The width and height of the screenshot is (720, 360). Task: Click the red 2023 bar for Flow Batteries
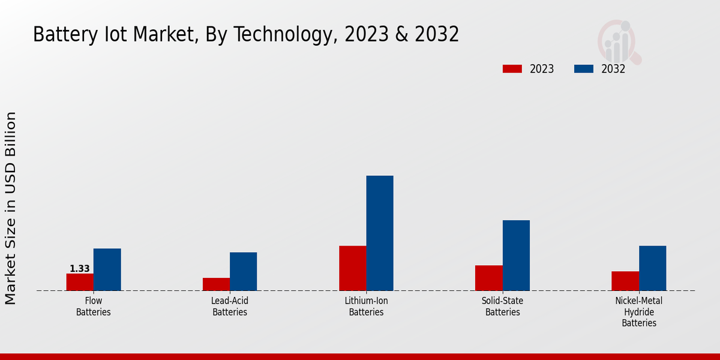[x=80, y=282]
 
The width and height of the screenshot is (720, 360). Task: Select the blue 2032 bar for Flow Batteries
[x=107, y=269]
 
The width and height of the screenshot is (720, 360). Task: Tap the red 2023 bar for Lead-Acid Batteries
[x=216, y=284]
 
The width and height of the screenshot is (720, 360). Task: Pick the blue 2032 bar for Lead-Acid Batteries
[x=243, y=271]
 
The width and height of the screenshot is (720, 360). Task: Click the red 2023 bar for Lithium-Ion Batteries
[x=353, y=268]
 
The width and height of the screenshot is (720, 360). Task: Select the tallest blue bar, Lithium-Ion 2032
[x=380, y=233]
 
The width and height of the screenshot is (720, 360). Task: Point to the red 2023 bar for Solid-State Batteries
[x=489, y=278]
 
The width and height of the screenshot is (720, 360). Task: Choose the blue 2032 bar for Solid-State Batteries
[x=516, y=256]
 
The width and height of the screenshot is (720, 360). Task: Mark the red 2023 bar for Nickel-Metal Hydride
[x=625, y=281]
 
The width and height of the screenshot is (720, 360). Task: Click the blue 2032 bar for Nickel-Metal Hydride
[x=652, y=268]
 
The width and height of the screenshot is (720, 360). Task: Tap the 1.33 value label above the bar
[x=80, y=269]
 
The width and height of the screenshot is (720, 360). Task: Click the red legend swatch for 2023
[x=512, y=69]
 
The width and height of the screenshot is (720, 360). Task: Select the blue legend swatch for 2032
[x=583, y=69]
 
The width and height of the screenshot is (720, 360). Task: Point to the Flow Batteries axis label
[x=94, y=307]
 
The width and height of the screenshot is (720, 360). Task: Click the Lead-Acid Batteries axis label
[x=230, y=307]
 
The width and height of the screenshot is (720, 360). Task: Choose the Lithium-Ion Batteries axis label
[x=366, y=307]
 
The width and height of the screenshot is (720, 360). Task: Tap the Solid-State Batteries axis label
[x=503, y=307]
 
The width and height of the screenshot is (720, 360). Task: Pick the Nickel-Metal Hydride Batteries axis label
[x=639, y=312]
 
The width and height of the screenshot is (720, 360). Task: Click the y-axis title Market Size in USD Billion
[x=11, y=208]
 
